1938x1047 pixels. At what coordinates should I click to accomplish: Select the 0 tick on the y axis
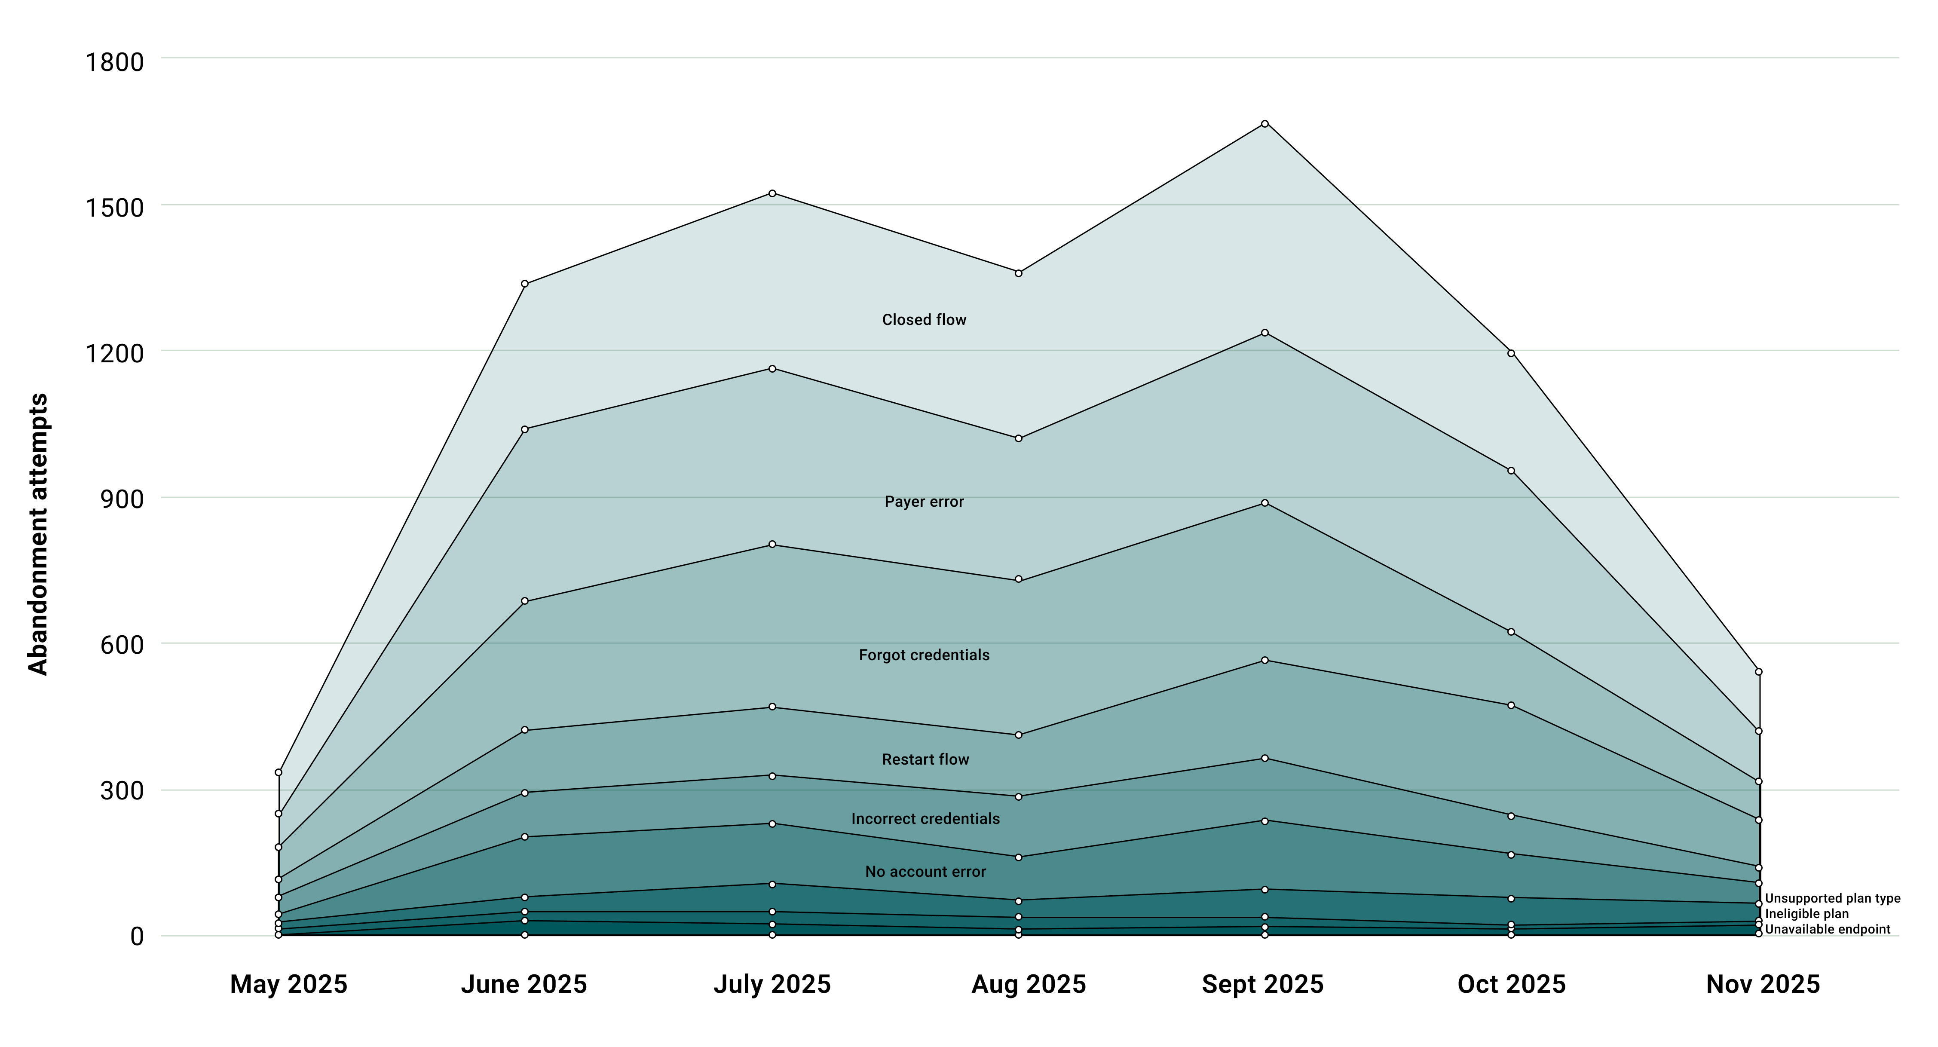[136, 937]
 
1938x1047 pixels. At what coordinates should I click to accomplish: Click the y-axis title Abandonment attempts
[38, 534]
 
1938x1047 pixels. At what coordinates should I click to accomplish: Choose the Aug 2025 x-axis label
[1029, 984]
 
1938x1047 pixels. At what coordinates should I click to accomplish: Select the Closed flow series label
[924, 320]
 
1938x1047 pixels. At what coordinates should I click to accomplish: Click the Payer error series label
[924, 502]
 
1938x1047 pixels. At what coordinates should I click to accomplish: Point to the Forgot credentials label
[924, 655]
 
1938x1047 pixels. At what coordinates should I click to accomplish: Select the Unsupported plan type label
[1832, 898]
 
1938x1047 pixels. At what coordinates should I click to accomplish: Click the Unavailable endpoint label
[1828, 930]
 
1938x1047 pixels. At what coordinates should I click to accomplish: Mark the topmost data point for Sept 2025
[1264, 123]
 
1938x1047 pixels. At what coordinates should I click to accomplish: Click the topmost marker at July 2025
[772, 193]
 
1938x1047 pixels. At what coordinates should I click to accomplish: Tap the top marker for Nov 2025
[1758, 672]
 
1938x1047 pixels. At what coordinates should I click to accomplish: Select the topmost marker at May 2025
[279, 772]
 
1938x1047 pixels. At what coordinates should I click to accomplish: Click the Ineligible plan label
[1806, 914]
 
